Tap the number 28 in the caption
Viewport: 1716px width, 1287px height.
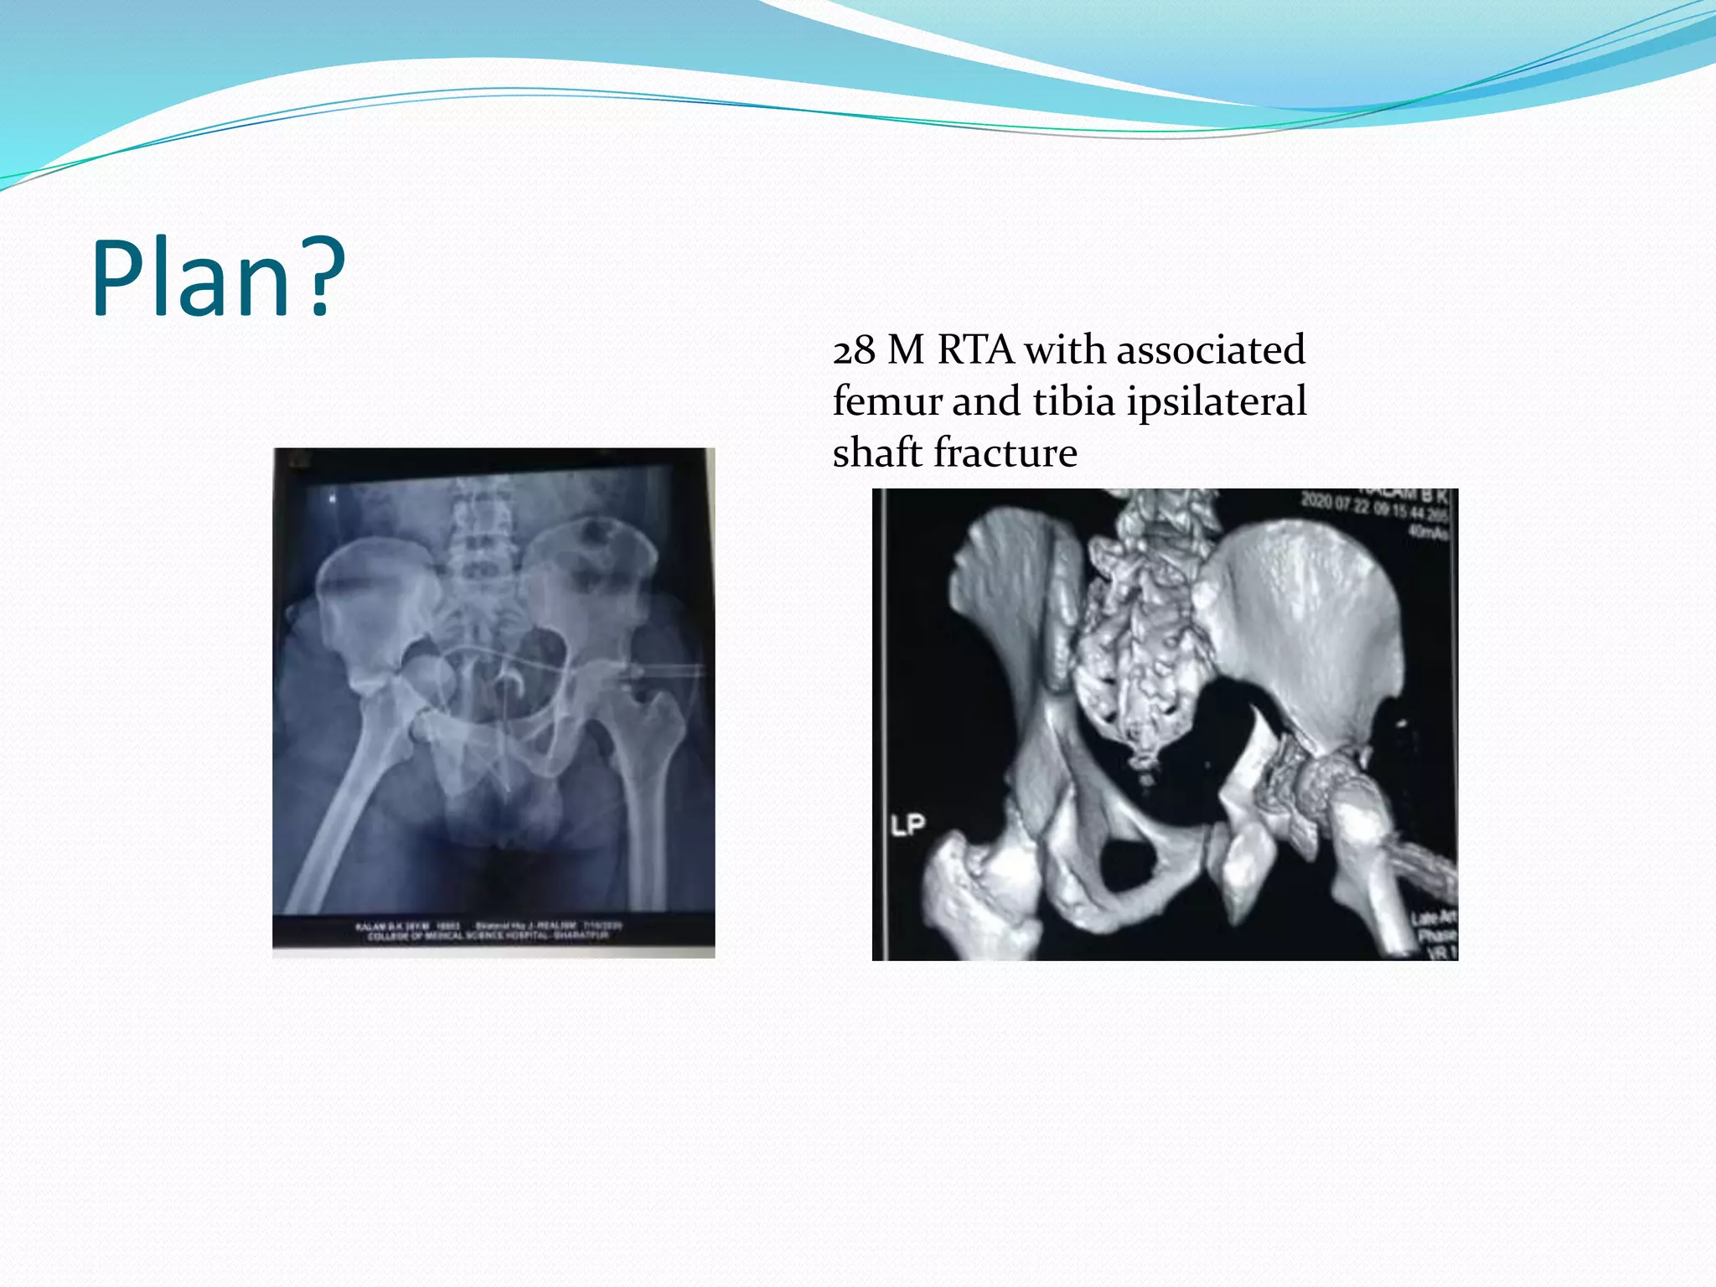[x=853, y=351]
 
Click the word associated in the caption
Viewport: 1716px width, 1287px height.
[x=1211, y=349]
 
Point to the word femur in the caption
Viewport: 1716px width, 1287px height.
[x=886, y=401]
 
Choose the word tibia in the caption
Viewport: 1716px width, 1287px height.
[x=1074, y=401]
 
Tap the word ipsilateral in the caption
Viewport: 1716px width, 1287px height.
[x=1217, y=402]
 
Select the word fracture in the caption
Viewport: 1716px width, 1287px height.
[x=1005, y=452]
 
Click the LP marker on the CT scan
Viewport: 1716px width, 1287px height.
[x=907, y=825]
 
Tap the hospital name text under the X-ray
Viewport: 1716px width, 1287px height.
[x=488, y=935]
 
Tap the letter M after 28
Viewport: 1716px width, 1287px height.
[x=906, y=350]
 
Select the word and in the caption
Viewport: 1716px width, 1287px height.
[x=986, y=401]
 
